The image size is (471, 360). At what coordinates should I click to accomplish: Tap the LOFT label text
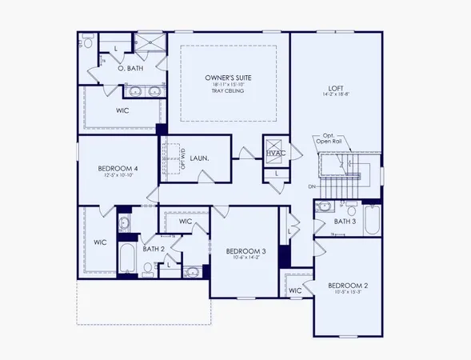(x=336, y=88)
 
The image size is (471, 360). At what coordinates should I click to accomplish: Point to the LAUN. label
(x=200, y=158)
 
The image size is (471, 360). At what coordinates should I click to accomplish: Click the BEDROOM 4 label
(x=118, y=168)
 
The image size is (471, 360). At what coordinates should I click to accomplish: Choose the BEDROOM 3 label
(x=245, y=251)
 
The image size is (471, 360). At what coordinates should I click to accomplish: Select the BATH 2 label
(x=153, y=249)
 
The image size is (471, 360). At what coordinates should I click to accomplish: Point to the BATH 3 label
(x=345, y=222)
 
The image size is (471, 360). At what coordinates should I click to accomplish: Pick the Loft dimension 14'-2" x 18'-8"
(x=336, y=97)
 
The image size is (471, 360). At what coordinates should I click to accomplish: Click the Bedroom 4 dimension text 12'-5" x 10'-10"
(x=118, y=176)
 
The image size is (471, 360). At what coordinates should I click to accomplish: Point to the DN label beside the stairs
(x=311, y=188)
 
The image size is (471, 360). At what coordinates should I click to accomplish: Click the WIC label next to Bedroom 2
(x=294, y=290)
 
